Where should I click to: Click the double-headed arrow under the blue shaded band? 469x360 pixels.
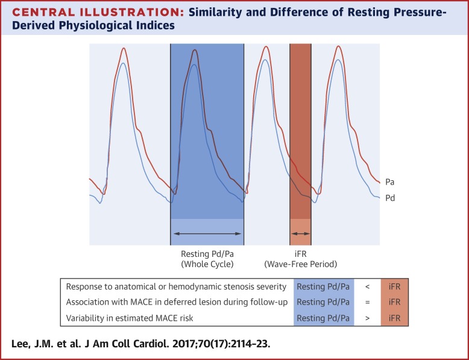pyautogui.click(x=207, y=233)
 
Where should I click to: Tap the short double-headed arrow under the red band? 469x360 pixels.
pyautogui.click(x=300, y=233)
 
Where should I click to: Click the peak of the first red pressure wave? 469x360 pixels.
pyautogui.click(x=124, y=48)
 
